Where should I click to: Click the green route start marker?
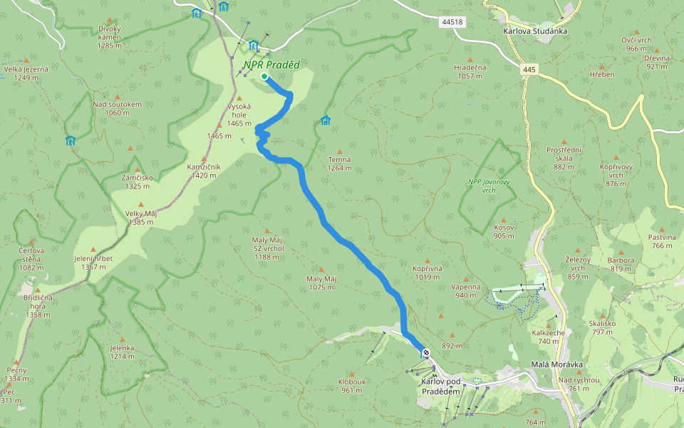point(264,76)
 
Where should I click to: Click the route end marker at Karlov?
point(425,352)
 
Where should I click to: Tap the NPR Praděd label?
point(271,65)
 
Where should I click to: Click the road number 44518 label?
point(452,22)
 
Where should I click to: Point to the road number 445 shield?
point(528,69)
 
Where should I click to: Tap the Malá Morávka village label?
point(556,365)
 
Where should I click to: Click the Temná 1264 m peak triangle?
point(340,151)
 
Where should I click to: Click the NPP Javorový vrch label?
point(489,185)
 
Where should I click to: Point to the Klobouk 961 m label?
point(353,385)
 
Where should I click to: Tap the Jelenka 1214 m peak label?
point(122,352)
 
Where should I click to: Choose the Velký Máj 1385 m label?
point(141,218)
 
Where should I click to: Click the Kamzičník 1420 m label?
point(204,170)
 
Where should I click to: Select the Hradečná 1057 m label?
point(470,71)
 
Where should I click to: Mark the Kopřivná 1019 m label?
point(427,272)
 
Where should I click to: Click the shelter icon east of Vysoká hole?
point(326,120)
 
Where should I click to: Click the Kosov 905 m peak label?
point(504,231)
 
